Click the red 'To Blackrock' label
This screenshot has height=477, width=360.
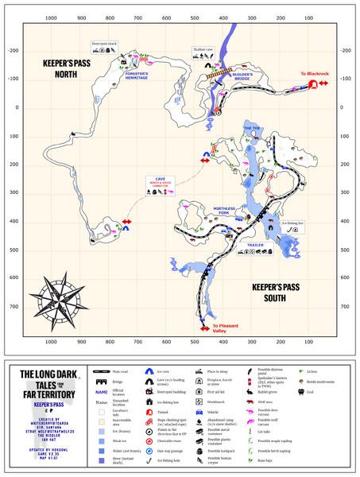pyautogui.click(x=313, y=74)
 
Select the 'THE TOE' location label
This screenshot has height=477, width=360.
pyautogui.click(x=254, y=127)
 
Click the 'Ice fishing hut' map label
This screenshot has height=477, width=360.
pyautogui.click(x=293, y=223)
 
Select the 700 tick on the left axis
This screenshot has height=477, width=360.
pyautogui.click(x=11, y=306)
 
